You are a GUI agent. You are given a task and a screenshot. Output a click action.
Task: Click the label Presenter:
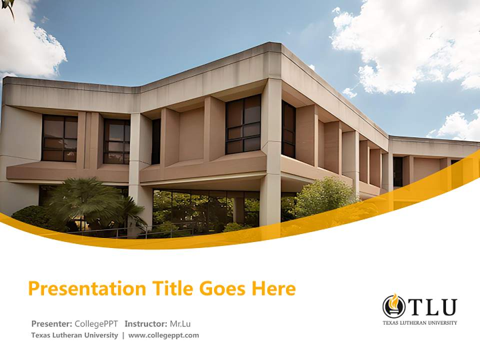[x=52, y=323]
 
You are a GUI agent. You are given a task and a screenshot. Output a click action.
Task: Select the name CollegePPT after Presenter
[x=96, y=323]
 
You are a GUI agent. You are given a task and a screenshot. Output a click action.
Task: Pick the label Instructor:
[x=145, y=323]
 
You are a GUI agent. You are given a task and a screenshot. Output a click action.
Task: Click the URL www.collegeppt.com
[x=163, y=335]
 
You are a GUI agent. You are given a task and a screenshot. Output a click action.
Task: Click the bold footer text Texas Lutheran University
[x=74, y=335]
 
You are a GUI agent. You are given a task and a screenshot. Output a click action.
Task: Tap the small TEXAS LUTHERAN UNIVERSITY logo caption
[x=419, y=323]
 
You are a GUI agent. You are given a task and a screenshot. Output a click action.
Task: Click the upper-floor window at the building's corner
[x=243, y=124]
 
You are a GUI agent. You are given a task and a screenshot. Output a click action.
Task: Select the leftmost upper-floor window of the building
[x=59, y=138]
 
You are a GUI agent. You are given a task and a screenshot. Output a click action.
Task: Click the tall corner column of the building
[x=270, y=150]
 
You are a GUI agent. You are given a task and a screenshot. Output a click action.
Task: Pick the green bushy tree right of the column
[x=322, y=197]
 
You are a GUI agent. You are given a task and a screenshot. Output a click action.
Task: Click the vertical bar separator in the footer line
[x=123, y=335]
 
